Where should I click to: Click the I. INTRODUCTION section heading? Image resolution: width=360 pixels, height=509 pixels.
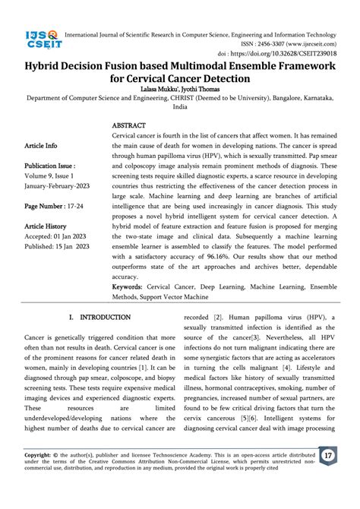(x=100, y=317)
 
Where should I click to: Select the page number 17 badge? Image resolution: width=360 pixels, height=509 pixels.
(x=328, y=477)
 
